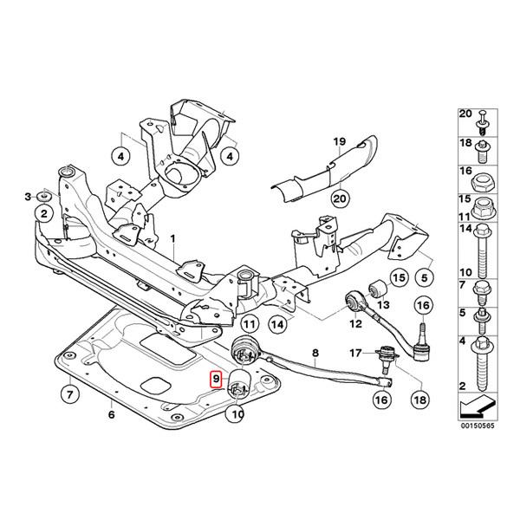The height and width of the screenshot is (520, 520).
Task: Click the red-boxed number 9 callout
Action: tap(217, 379)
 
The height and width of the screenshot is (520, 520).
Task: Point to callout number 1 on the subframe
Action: tap(172, 237)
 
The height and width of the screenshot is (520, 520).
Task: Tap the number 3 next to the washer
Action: tap(28, 196)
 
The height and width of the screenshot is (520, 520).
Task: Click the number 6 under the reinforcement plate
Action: tap(111, 415)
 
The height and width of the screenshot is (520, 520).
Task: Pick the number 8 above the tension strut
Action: tap(315, 354)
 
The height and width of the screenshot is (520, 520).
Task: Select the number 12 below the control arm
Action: tap(354, 324)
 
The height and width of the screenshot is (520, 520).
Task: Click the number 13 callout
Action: tap(383, 305)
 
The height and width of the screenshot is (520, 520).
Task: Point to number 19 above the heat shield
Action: tap(339, 140)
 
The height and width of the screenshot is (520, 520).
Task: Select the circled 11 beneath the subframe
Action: tap(249, 324)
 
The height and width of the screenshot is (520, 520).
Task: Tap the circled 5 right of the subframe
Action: tap(424, 277)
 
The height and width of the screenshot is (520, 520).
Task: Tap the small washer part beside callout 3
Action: tap(43, 209)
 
